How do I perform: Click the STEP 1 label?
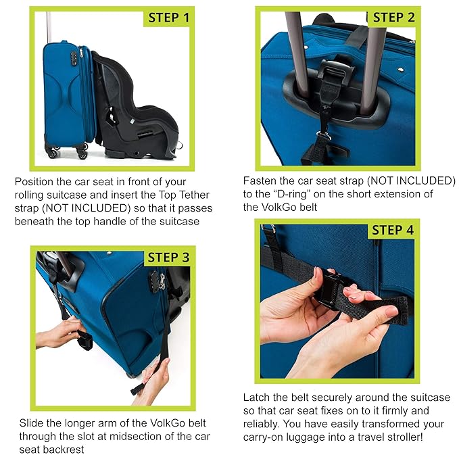[166, 17]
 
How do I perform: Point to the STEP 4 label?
[392, 230]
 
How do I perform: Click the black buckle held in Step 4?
[332, 287]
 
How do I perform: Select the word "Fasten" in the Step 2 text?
[260, 181]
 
